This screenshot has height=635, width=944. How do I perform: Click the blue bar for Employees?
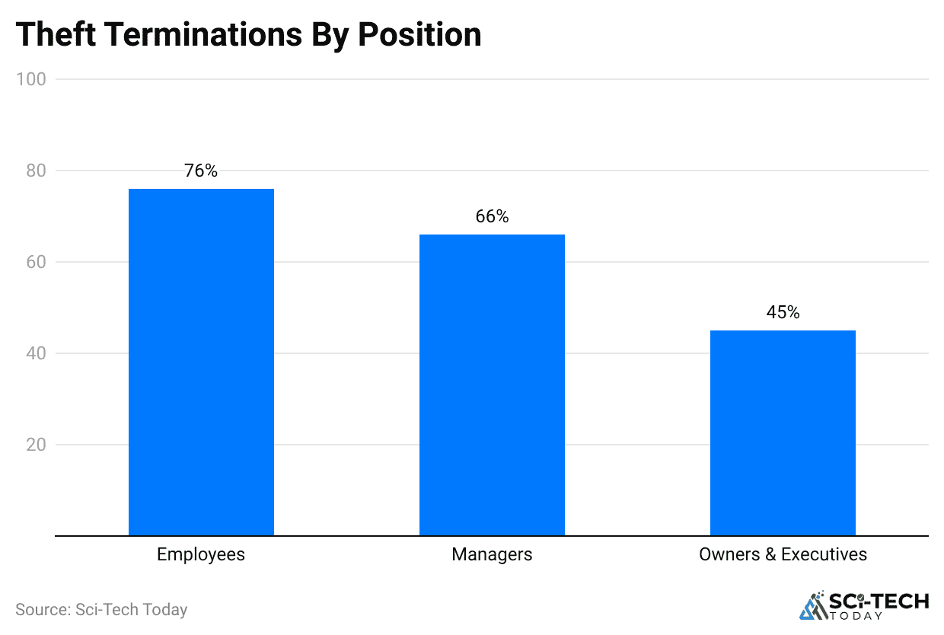click(x=201, y=362)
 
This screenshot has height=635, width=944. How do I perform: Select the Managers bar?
click(x=492, y=385)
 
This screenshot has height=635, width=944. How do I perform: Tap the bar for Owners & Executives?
click(x=783, y=432)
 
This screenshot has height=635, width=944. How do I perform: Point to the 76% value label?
click(x=201, y=171)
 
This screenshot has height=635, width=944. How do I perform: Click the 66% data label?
click(x=492, y=217)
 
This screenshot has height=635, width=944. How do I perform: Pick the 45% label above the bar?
click(x=783, y=312)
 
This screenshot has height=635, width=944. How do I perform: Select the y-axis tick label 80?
click(x=36, y=171)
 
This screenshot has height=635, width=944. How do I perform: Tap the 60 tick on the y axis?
click(x=36, y=262)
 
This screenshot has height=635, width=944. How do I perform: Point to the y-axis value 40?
click(x=36, y=353)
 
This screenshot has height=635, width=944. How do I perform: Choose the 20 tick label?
click(x=36, y=445)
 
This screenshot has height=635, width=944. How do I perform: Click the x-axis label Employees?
click(x=201, y=554)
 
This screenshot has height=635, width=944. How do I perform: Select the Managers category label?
click(x=492, y=554)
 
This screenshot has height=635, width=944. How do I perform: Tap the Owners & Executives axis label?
click(x=783, y=554)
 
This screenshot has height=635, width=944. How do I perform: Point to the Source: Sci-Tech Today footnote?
click(x=101, y=610)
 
